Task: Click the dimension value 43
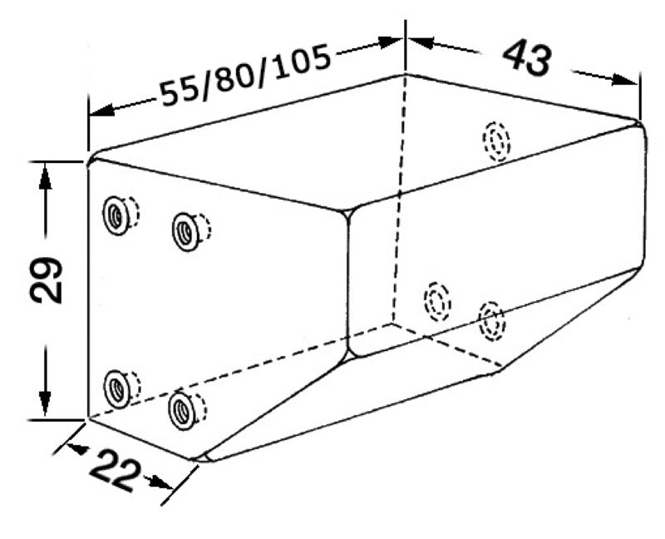pyautogui.click(x=527, y=58)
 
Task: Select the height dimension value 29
pyautogui.click(x=46, y=279)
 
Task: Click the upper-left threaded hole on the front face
pyautogui.click(x=116, y=215)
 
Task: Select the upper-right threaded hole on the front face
pyautogui.click(x=185, y=231)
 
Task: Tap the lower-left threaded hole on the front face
pyautogui.click(x=116, y=388)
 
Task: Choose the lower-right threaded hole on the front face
pyautogui.click(x=181, y=411)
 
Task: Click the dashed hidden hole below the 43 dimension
pyautogui.click(x=496, y=141)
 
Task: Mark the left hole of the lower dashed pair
pyautogui.click(x=437, y=301)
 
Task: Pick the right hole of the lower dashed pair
pyautogui.click(x=492, y=321)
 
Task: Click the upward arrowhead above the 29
pyautogui.click(x=45, y=177)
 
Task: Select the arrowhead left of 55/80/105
pyautogui.click(x=102, y=110)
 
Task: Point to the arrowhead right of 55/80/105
pyautogui.click(x=389, y=42)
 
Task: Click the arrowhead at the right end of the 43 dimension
pyautogui.click(x=625, y=79)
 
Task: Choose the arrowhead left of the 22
pyautogui.click(x=77, y=448)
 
